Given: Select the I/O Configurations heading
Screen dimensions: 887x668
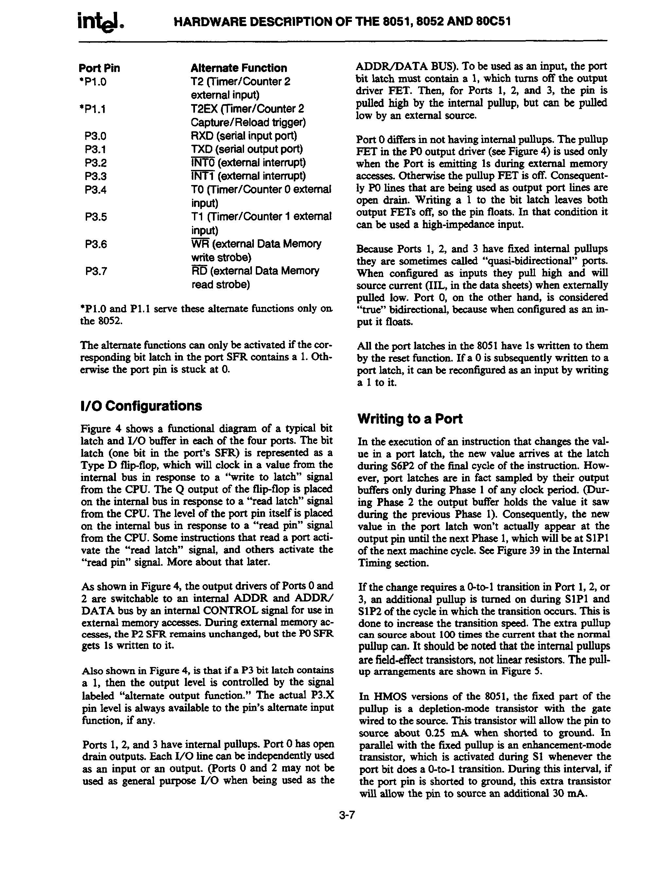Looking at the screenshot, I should (x=141, y=406).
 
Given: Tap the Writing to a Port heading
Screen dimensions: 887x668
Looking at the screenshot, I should (x=410, y=419).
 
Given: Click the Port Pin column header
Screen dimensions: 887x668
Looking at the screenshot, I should (x=99, y=68).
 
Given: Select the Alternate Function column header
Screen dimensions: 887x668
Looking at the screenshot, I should (x=239, y=68).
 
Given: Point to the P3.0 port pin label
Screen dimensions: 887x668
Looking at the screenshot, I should (x=96, y=136).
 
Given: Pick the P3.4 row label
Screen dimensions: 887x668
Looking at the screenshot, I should (x=96, y=190).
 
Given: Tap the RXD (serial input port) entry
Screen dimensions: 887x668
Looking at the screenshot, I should (x=244, y=136).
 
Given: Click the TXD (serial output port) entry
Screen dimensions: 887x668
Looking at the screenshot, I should (x=246, y=149).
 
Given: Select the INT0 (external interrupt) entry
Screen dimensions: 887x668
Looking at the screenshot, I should (x=248, y=163).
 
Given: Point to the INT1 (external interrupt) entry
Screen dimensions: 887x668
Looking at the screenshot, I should (x=248, y=176).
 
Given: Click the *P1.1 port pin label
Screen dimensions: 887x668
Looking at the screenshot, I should (x=93, y=109).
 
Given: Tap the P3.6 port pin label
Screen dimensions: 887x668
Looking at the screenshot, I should (x=96, y=244).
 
